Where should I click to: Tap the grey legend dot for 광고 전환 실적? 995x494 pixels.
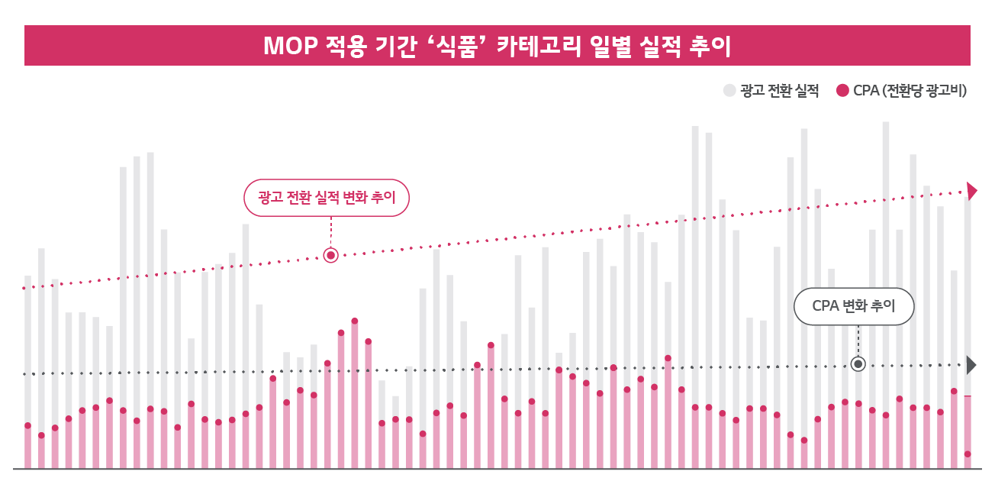tap(729, 91)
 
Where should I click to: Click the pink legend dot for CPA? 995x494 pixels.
tap(842, 91)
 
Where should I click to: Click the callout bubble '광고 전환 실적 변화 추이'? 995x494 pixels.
tap(327, 198)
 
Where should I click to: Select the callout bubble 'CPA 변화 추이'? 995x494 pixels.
tap(853, 306)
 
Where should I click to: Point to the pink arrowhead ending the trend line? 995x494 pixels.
tap(971, 191)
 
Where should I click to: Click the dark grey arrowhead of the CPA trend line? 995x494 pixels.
tap(971, 365)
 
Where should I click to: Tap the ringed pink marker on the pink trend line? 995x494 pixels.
tap(330, 256)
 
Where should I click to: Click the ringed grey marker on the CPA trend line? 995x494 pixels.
tap(858, 364)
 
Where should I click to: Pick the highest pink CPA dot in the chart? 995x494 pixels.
tap(355, 321)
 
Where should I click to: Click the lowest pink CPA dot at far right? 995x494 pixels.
tap(968, 454)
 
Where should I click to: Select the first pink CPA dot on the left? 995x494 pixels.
tap(27, 425)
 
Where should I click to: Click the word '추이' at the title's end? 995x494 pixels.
tap(709, 46)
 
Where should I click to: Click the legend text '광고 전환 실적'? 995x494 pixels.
tap(779, 91)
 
